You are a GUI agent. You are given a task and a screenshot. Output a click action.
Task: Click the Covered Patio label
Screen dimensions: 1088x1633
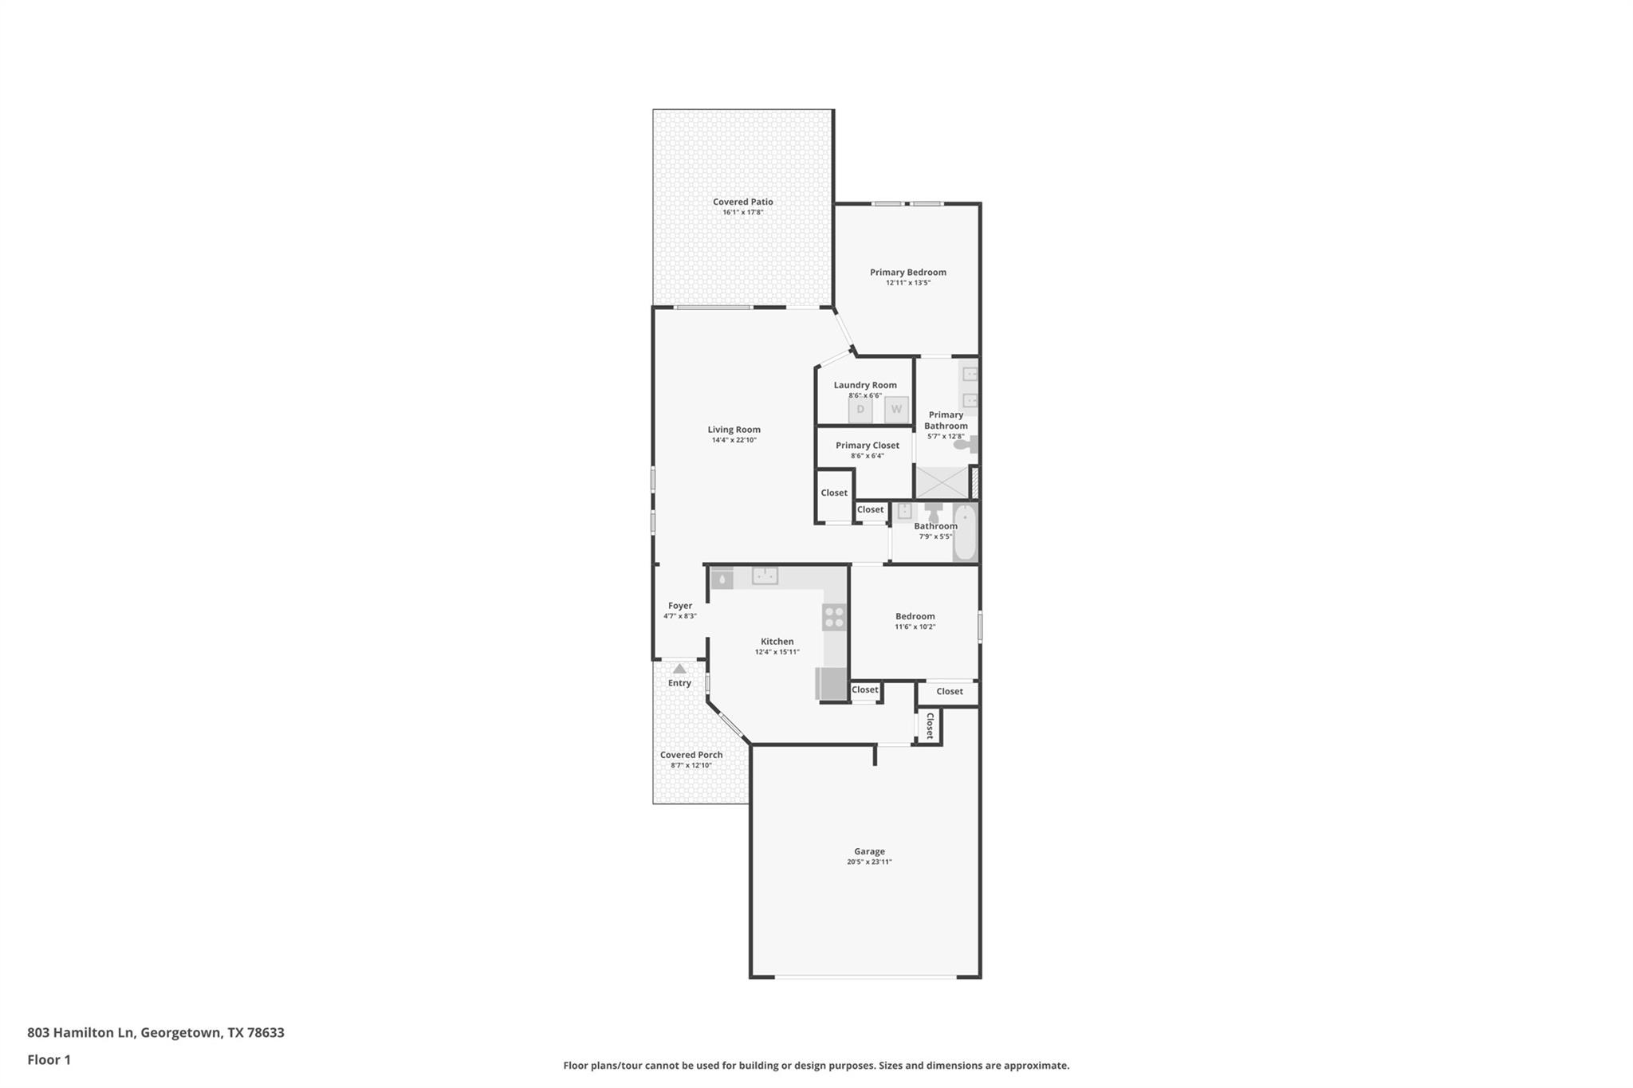tap(742, 202)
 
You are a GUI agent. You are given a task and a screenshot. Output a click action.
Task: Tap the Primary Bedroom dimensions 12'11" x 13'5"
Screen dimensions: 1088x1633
tap(907, 283)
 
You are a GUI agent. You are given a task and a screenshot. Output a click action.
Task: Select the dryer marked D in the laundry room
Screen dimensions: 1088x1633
tap(860, 410)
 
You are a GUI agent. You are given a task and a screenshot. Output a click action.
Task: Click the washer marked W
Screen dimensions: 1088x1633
tap(896, 410)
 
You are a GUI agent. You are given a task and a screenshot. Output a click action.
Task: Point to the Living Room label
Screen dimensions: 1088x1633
tap(734, 430)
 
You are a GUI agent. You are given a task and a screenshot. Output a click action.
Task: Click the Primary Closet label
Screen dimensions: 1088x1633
tap(867, 446)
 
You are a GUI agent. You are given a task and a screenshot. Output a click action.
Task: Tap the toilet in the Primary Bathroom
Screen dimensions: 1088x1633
tap(966, 445)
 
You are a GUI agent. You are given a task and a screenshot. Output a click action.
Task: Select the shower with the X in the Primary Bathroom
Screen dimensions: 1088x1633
tap(942, 483)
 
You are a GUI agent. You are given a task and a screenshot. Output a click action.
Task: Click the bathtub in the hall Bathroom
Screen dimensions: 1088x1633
tap(965, 532)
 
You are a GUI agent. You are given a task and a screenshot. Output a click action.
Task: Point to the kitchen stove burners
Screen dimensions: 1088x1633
tap(834, 617)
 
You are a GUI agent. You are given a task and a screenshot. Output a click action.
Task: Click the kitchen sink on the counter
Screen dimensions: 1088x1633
tap(765, 575)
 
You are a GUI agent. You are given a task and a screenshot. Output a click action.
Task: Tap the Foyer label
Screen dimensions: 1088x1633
tap(680, 606)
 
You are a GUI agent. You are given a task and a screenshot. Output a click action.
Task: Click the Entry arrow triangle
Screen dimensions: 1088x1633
tap(679, 669)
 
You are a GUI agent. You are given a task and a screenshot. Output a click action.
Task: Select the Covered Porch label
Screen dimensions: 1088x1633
tap(691, 755)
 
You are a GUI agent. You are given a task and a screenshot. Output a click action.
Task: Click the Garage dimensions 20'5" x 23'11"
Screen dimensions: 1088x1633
tap(869, 862)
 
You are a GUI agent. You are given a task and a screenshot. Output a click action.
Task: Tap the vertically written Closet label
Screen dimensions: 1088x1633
tap(930, 725)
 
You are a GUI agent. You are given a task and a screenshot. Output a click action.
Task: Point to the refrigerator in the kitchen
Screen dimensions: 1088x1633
tap(831, 684)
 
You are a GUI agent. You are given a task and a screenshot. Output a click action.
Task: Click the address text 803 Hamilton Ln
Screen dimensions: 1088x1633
tap(81, 1032)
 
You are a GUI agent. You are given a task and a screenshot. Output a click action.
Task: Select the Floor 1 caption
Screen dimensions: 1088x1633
tap(49, 1059)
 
